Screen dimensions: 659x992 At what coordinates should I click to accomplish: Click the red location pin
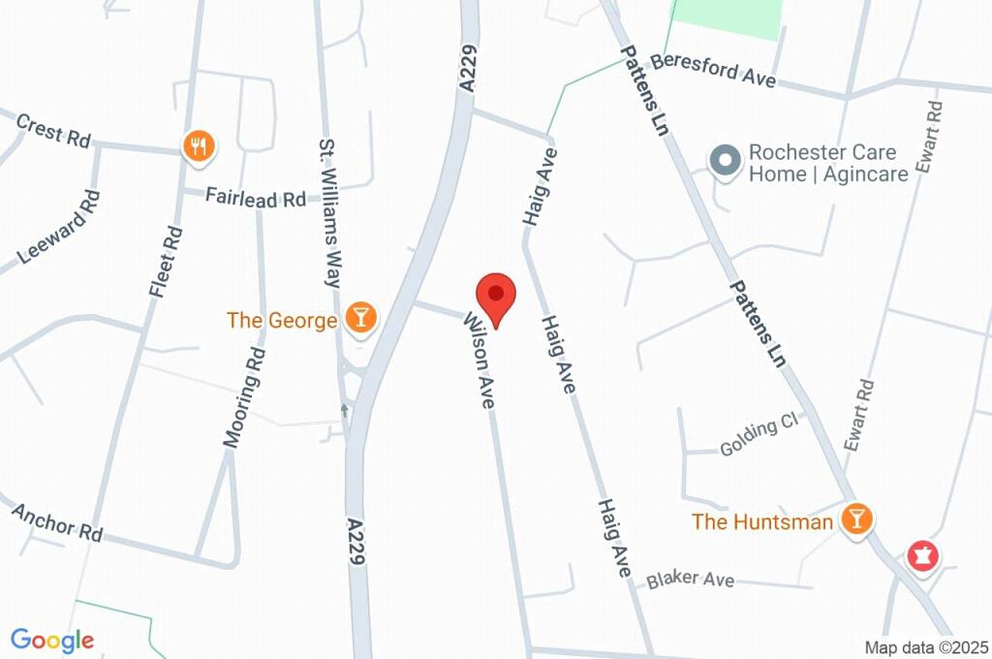[x=496, y=297]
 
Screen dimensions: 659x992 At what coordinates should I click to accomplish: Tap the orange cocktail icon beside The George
[x=360, y=317]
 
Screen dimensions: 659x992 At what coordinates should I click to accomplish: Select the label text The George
[x=282, y=320]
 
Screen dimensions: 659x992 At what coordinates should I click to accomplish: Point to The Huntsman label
[x=761, y=522]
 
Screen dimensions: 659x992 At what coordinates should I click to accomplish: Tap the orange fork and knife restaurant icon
[x=199, y=146]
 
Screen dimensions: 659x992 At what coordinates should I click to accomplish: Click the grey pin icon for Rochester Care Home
[x=723, y=161]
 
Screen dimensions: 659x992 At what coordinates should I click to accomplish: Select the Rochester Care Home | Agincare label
[x=828, y=164]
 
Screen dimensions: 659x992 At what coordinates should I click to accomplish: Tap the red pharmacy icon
[x=920, y=556]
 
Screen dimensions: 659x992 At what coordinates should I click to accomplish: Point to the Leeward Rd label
[x=59, y=228]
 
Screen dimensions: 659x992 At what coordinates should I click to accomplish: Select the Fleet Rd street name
[x=165, y=261]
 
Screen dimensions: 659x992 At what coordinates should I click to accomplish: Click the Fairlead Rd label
[x=256, y=198]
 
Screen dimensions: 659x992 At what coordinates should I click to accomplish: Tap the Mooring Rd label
[x=244, y=396]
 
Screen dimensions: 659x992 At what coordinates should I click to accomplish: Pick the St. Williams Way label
[x=329, y=213]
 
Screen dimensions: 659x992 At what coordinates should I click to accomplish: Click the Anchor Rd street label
[x=57, y=521]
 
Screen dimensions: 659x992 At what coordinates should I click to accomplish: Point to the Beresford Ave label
[x=713, y=71]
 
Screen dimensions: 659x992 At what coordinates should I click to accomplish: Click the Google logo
[x=52, y=640]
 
